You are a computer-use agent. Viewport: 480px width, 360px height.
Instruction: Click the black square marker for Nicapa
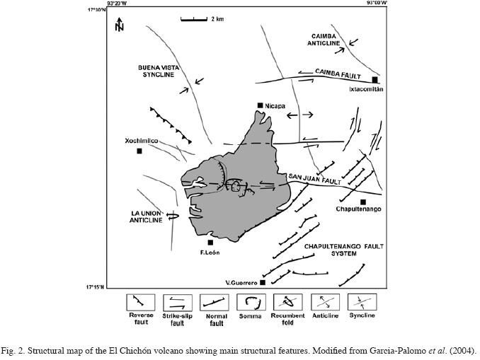[x=261, y=105]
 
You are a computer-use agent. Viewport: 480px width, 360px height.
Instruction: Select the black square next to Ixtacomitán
[x=375, y=79]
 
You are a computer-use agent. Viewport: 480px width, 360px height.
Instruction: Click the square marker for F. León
[x=210, y=242]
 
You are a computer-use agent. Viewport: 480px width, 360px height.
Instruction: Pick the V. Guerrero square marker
[x=263, y=282]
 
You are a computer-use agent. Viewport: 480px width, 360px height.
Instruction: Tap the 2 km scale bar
[x=194, y=18]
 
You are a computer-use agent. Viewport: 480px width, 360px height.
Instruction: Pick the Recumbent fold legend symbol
[x=287, y=303]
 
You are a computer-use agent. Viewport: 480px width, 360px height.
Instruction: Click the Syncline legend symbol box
[x=361, y=303]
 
